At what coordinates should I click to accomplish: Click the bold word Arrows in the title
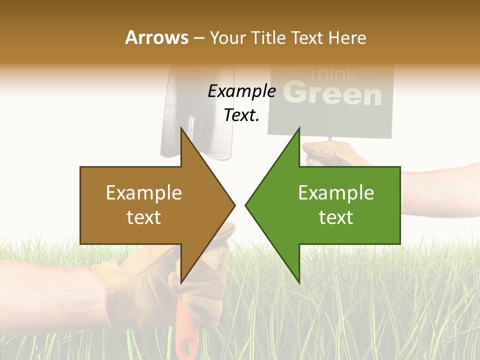pyautogui.click(x=156, y=37)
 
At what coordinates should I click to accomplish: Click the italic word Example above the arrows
pyautogui.click(x=241, y=91)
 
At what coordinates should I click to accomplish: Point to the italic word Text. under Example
pyautogui.click(x=241, y=115)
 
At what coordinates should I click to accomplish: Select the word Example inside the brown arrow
pyautogui.click(x=144, y=192)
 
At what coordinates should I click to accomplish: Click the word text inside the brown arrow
pyautogui.click(x=144, y=217)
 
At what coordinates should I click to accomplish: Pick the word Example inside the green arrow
pyautogui.click(x=336, y=192)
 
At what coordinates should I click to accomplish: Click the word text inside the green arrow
pyautogui.click(x=336, y=217)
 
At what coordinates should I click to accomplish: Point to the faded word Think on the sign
pyautogui.click(x=332, y=74)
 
